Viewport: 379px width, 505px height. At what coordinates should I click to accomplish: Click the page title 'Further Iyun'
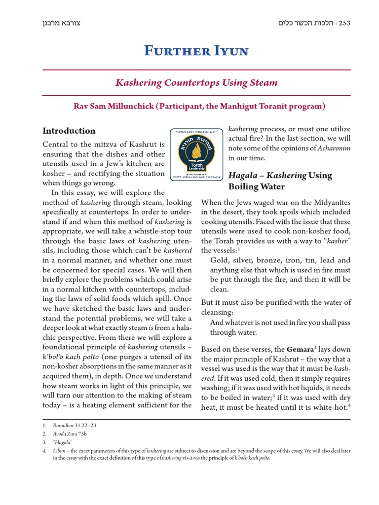tap(196, 51)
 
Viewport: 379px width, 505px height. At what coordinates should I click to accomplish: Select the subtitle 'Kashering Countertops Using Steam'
tap(196, 82)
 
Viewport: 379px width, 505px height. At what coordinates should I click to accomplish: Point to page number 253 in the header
tap(341, 23)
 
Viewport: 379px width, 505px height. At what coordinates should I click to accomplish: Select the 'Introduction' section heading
tap(69, 131)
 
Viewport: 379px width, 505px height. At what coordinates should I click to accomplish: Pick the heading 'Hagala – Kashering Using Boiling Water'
tap(280, 181)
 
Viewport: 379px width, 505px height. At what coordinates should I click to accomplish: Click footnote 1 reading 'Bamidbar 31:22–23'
tap(75, 425)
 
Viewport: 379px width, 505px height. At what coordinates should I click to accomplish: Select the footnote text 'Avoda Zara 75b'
tap(71, 433)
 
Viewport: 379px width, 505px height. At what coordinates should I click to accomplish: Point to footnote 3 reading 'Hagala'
tap(63, 442)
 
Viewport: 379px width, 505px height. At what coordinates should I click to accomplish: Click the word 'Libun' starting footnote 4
tap(59, 450)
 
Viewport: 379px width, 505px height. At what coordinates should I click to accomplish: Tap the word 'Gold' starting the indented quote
tap(220, 260)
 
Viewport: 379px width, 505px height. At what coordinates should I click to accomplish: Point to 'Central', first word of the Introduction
tap(56, 145)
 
